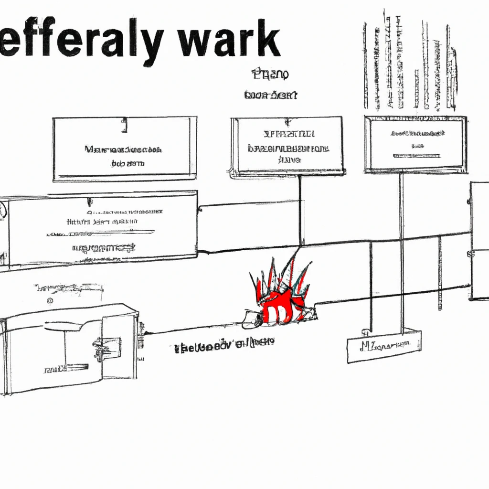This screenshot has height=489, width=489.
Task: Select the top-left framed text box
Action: click(124, 149)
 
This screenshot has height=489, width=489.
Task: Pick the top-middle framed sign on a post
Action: click(287, 145)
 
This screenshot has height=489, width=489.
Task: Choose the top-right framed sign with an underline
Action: click(415, 144)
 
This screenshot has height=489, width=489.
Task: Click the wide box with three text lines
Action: click(102, 229)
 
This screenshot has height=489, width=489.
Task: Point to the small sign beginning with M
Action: click(384, 345)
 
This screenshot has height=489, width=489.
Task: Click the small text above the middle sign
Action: click(270, 85)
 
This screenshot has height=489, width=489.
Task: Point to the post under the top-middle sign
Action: click(300, 210)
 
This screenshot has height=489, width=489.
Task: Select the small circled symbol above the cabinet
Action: click(50, 301)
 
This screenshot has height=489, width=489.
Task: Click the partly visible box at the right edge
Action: click(479, 241)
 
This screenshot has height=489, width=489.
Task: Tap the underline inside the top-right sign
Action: click(416, 156)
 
